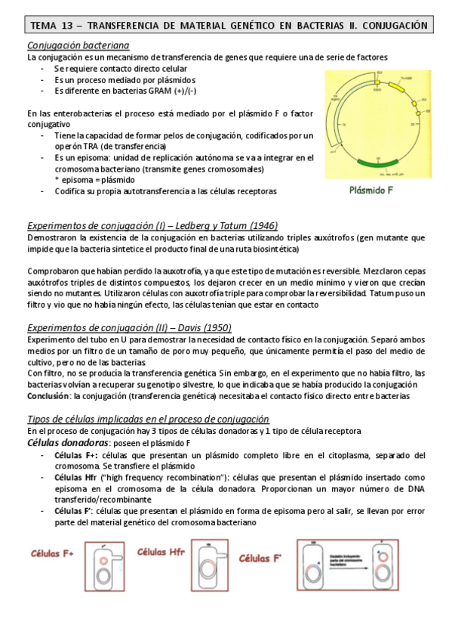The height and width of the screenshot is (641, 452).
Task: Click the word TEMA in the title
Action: (x=43, y=26)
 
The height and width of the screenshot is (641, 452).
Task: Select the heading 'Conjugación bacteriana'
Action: (x=78, y=45)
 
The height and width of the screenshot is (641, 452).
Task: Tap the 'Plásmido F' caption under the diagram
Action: (x=371, y=190)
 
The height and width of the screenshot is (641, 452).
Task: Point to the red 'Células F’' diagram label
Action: (x=260, y=559)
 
